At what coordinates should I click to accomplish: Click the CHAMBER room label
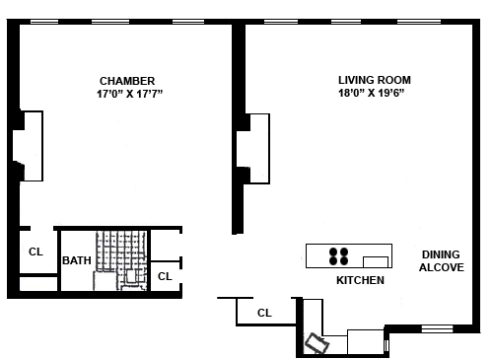point(127,81)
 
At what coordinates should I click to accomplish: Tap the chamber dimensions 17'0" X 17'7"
point(129,94)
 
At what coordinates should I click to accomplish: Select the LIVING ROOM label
point(375,80)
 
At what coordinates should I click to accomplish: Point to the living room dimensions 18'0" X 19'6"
point(371,93)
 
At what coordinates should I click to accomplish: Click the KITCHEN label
point(360,280)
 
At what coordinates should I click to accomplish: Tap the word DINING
point(441,254)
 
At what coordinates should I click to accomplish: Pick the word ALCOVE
point(442,267)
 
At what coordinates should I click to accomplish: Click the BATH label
point(77,260)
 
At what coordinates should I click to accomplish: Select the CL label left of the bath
point(35,252)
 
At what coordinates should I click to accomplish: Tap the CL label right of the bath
point(165,276)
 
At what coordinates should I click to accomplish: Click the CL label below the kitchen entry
point(264,313)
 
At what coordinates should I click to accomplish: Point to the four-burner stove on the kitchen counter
point(338,256)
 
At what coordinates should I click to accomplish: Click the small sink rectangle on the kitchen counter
point(376,262)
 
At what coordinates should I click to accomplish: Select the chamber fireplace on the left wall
point(28,146)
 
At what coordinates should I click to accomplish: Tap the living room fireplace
point(253,149)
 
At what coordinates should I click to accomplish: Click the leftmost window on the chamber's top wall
point(44,22)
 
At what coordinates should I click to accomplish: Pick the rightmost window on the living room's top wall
point(419,22)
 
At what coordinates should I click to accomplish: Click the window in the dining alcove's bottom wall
point(437,328)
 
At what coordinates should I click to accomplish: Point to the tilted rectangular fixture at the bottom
point(317,343)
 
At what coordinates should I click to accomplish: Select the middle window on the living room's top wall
point(346,22)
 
